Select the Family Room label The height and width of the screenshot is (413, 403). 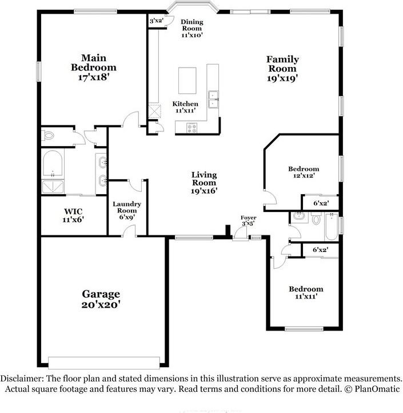(x=282, y=69)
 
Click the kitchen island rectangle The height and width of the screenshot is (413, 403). (x=189, y=80)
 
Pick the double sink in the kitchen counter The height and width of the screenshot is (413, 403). (x=214, y=99)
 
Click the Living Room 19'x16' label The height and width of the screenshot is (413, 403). (x=204, y=183)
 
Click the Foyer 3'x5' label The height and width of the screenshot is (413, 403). (x=248, y=221)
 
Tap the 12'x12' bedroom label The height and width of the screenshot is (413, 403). (x=303, y=172)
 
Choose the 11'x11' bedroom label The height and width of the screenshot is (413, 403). (x=305, y=293)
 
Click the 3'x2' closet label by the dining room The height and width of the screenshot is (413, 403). (x=156, y=21)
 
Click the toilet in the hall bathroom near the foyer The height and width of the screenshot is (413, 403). (x=315, y=218)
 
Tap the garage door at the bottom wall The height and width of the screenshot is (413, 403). (x=104, y=363)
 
